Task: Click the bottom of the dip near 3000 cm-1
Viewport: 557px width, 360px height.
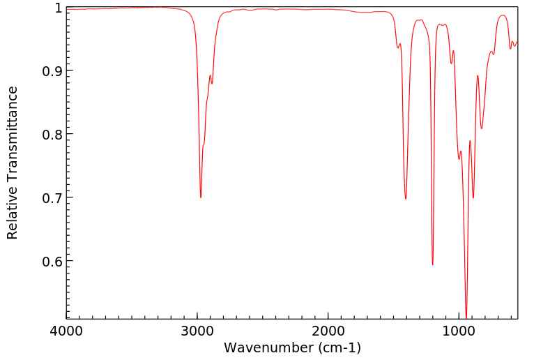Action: click(x=201, y=197)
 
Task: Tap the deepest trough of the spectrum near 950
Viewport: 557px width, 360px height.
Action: click(x=466, y=317)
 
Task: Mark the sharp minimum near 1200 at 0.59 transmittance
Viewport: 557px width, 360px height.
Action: click(x=432, y=264)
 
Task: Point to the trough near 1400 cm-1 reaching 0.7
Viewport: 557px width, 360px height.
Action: click(x=406, y=199)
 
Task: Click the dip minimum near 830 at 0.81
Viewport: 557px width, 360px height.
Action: click(x=482, y=128)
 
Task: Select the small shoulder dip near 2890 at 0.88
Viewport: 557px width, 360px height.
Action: click(x=212, y=84)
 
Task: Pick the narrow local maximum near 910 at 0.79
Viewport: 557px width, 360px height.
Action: click(x=471, y=141)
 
